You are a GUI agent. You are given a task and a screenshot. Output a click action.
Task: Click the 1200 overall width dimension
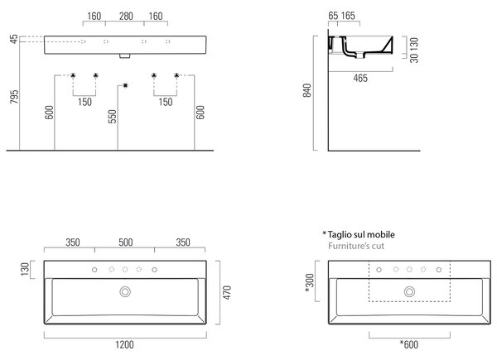(124, 344)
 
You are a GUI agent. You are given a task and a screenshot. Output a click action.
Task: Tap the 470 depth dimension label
(227, 293)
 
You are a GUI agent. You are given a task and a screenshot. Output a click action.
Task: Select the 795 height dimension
(14, 97)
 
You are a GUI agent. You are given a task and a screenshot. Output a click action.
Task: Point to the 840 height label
(306, 90)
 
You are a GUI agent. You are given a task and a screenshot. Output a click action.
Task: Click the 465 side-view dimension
(360, 78)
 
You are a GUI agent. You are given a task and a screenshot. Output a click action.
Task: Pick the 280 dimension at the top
(126, 16)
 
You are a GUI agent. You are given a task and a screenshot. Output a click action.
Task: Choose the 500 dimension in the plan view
(126, 242)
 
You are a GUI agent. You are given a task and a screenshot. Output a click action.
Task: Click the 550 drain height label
(113, 116)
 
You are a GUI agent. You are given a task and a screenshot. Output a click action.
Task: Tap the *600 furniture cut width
(409, 344)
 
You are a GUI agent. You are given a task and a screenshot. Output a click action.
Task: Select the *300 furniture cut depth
(309, 283)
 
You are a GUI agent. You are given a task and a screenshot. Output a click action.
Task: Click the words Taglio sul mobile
(361, 234)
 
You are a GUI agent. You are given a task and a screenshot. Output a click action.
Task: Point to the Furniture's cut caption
(356, 246)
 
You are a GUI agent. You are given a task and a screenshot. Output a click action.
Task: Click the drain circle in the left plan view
(125, 291)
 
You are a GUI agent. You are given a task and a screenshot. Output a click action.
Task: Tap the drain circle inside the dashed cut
(409, 291)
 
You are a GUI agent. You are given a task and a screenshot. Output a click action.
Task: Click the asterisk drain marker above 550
(126, 85)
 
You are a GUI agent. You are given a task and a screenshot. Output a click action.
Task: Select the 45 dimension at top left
(14, 39)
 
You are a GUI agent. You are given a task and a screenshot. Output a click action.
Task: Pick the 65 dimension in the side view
(333, 16)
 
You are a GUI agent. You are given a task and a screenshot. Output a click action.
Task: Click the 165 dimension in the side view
(348, 16)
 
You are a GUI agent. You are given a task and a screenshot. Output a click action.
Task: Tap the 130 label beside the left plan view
(25, 269)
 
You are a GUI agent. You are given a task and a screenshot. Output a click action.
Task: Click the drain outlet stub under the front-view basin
(125, 56)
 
